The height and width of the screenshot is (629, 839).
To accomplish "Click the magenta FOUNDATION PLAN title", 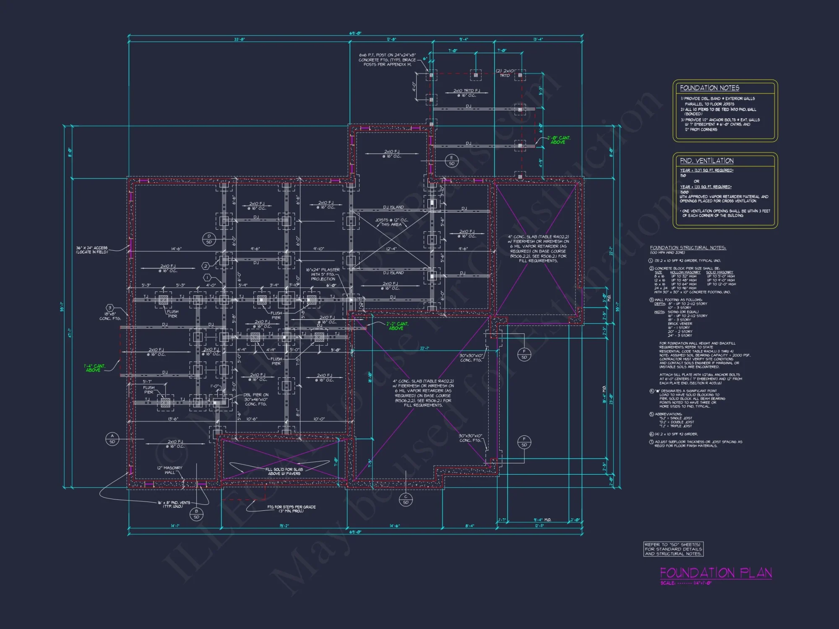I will (716, 573).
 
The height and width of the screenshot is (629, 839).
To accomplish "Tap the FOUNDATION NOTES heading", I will (709, 88).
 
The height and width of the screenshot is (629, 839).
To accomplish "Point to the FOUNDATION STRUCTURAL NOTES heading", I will (688, 248).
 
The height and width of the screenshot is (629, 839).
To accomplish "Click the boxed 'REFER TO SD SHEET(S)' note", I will (673, 549).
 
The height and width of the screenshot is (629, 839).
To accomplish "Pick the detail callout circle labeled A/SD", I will (112, 439).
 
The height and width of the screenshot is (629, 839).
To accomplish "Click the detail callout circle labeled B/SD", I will (196, 514).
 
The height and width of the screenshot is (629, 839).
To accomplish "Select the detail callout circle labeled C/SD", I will (406, 499).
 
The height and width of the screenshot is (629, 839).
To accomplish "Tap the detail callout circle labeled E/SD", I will (451, 161).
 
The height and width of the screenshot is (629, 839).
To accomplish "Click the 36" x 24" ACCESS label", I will (91, 250).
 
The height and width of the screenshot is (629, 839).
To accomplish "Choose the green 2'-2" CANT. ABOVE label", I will (397, 326).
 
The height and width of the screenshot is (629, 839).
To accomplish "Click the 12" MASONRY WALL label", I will (170, 470).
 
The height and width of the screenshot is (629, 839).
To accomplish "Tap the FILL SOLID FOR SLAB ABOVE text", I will (284, 471).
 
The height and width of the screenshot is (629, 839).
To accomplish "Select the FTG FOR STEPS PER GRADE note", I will (291, 509).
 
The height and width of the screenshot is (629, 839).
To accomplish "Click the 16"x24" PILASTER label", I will (323, 274).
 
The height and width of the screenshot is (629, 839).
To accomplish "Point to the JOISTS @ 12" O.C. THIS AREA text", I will (391, 222).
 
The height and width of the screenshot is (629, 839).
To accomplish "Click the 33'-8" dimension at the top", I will (240, 39).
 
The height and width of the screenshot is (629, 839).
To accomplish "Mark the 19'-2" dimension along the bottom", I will (284, 526).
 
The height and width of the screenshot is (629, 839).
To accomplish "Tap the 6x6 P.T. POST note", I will (387, 60).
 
